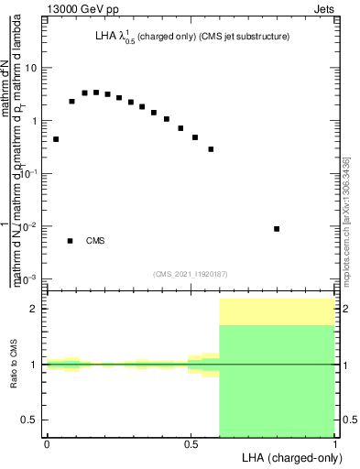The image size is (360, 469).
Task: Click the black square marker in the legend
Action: pos(71,241)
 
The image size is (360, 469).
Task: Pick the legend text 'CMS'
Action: pos(95,241)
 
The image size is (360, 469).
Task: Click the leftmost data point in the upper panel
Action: pos(56,139)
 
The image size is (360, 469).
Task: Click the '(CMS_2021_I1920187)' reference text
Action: pos(190,273)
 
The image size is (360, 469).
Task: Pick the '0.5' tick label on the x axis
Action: pos(191,443)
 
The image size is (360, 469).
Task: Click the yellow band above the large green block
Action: pos(277,311)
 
